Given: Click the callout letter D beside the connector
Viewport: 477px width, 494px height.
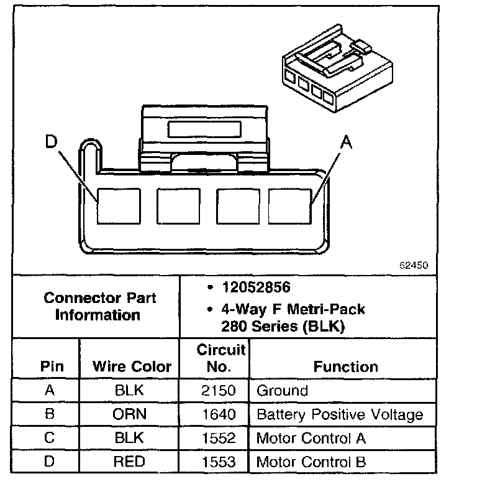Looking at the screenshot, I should click(51, 142).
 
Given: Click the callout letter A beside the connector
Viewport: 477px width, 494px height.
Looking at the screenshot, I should click(347, 143).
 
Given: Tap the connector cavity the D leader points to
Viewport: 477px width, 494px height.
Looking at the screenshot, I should click(117, 206).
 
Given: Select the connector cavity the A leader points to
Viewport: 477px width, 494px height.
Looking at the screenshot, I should click(289, 206).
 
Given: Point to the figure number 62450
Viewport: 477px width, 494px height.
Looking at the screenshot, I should click(413, 264).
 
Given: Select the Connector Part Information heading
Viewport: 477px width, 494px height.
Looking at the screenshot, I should click(99, 306).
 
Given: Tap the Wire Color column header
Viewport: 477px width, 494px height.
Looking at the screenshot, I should click(132, 366).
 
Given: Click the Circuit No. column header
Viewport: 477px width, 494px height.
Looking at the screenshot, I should click(220, 358).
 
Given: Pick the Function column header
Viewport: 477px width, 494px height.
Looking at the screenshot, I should click(345, 366).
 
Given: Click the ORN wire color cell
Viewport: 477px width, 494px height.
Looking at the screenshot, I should click(129, 414).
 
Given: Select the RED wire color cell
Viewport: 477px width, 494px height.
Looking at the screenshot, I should click(129, 462).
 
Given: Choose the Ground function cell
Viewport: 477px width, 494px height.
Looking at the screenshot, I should click(282, 391).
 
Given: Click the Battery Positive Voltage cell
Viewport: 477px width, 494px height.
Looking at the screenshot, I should click(339, 414).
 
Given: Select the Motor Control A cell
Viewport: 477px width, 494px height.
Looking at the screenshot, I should click(311, 438).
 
